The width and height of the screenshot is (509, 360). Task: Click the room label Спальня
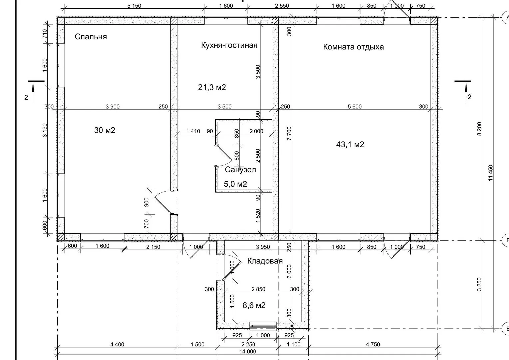[x=91, y=37]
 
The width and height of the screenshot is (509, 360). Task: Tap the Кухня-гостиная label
[x=229, y=45]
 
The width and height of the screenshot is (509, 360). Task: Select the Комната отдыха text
[x=353, y=47]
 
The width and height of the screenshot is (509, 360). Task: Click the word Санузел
[x=241, y=170]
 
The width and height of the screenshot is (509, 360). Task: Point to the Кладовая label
[x=265, y=261]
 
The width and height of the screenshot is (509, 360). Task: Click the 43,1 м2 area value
[x=350, y=144]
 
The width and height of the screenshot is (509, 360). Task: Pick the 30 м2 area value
[x=105, y=130]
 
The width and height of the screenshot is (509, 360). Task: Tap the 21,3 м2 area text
[x=212, y=87]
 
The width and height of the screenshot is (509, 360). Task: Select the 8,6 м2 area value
[x=254, y=305]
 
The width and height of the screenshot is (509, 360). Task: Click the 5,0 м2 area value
[x=235, y=184]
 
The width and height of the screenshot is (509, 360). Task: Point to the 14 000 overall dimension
[x=248, y=352]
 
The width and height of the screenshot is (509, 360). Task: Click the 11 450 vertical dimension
[x=491, y=173]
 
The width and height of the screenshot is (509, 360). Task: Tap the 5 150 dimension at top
[x=134, y=6]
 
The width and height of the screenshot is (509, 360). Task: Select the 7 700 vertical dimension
[x=289, y=133]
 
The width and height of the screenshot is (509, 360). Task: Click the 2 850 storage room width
[x=258, y=289]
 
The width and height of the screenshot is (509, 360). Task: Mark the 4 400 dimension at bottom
[x=117, y=345]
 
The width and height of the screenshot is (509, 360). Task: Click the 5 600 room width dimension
[x=355, y=106]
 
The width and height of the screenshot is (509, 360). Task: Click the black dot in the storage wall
[x=292, y=326]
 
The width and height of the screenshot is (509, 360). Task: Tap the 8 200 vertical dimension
[x=479, y=129]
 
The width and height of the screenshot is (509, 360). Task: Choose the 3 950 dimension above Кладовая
[x=263, y=247]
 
